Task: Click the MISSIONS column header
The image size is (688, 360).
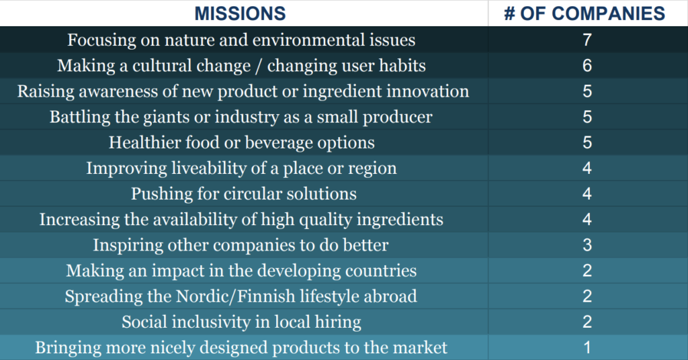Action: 240,13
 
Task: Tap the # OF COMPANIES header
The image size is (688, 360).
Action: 585,13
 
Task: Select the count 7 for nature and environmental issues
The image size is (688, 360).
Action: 587,40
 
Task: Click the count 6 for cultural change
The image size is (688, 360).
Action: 587,66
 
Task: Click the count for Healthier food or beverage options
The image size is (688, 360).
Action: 587,142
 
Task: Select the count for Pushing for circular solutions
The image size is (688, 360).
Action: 587,194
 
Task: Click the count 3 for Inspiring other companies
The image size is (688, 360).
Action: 587,245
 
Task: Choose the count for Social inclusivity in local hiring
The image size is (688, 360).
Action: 587,322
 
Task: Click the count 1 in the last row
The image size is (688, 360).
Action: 587,348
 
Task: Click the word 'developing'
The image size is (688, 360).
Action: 299,271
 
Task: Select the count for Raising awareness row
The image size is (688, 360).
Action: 587,91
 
